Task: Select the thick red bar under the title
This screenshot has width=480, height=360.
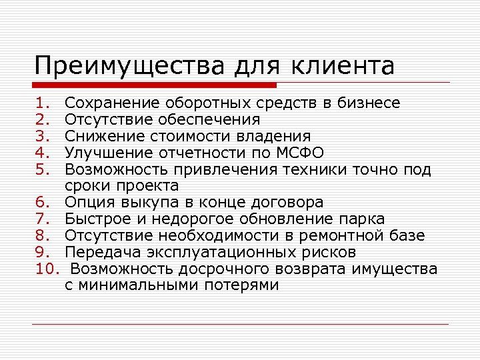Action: [154, 85]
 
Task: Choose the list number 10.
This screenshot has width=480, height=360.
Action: [48, 269]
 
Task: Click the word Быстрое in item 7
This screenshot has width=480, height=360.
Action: [96, 219]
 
